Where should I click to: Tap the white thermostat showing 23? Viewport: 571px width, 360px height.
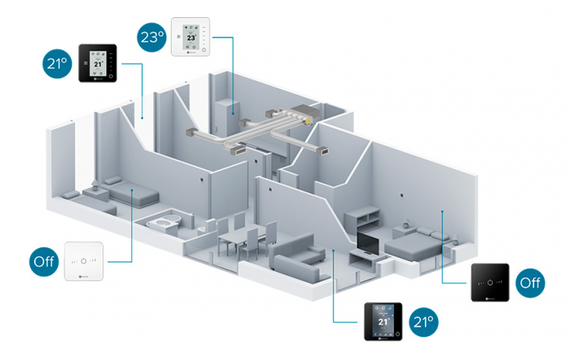[x=192, y=38]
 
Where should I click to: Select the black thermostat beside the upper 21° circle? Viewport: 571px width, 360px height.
[x=98, y=63]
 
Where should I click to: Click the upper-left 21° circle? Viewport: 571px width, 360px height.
[x=58, y=62]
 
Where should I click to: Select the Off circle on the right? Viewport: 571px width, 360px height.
[x=531, y=282]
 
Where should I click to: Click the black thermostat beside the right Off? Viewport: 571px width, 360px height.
[x=489, y=282]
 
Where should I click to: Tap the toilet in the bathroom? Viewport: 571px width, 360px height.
[x=167, y=221]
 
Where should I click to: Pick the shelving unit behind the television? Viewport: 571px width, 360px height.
[x=363, y=219]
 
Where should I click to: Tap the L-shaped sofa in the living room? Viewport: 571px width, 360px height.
[x=298, y=257]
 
